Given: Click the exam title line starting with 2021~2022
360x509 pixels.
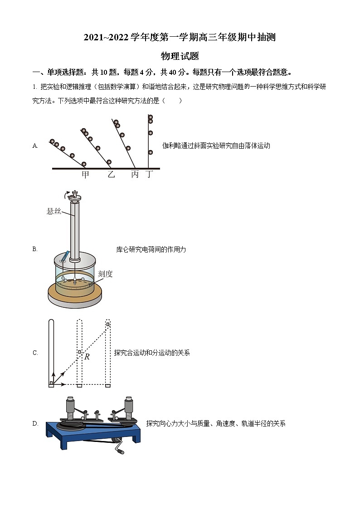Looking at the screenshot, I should pyautogui.click(x=180, y=38).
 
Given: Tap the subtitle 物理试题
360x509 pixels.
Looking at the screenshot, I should pyautogui.click(x=180, y=56).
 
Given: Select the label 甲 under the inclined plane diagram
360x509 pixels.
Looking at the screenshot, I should pyautogui.click(x=85, y=175).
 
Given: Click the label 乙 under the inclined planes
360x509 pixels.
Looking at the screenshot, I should pyautogui.click(x=111, y=175).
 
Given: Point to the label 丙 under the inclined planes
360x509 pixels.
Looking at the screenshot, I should pyautogui.click(x=135, y=175).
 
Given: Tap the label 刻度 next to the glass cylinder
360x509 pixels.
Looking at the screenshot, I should pyautogui.click(x=105, y=274).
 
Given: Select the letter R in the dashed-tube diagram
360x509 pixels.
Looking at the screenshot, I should pyautogui.click(x=87, y=357).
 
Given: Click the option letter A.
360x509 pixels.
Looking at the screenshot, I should pyautogui.click(x=35, y=145).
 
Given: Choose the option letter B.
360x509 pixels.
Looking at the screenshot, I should pyautogui.click(x=35, y=249).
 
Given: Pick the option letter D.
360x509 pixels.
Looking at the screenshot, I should pyautogui.click(x=35, y=423).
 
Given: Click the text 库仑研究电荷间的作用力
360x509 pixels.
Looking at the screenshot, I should pyautogui.click(x=151, y=249).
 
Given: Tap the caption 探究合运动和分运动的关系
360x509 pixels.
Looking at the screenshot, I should pyautogui.click(x=152, y=353).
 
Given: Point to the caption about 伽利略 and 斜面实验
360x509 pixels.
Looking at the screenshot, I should pyautogui.click(x=216, y=145).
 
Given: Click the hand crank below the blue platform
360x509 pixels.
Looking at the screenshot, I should pyautogui.click(x=119, y=448).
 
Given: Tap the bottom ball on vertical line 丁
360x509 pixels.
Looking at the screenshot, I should pyautogui.click(x=151, y=152).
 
